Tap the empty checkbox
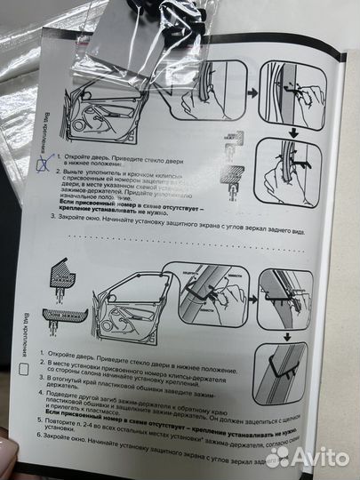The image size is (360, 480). pos(28,370)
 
